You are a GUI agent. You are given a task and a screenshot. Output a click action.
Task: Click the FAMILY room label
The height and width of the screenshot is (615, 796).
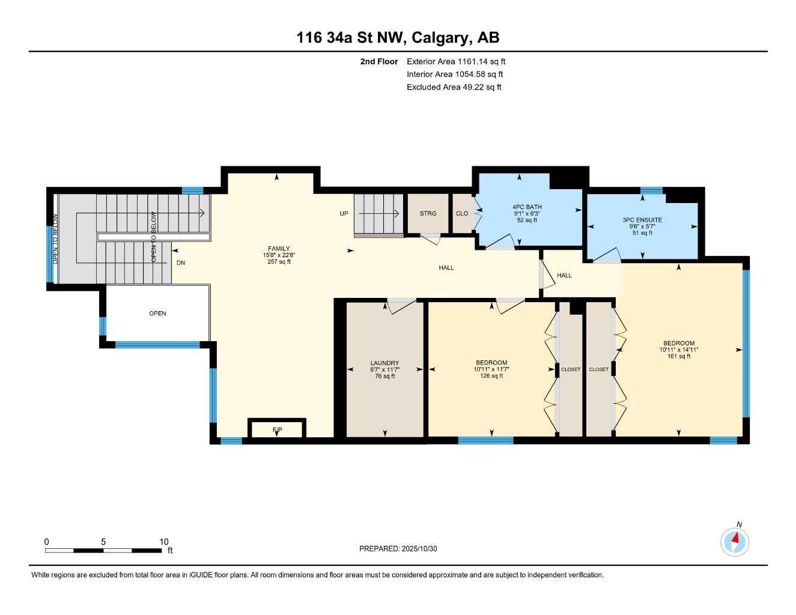pos(279,249)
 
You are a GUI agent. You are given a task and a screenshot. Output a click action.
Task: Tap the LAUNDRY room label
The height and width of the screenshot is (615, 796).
pos(384,363)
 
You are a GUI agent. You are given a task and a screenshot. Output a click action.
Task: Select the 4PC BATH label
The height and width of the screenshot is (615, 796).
pos(527,207)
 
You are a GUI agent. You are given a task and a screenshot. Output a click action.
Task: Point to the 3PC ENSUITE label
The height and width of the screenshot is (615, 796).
pos(642,220)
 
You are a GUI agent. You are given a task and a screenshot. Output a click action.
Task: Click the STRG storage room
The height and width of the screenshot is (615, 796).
pos(428,213)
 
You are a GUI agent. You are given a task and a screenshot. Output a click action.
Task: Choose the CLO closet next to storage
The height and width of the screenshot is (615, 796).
pos(462,213)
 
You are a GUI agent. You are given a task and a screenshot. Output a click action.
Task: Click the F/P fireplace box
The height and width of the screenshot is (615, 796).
pos(277,429)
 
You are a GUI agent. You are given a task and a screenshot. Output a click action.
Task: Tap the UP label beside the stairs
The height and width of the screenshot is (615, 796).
pos(344,213)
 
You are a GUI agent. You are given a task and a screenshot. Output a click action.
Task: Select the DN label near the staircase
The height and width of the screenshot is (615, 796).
pos(181,262)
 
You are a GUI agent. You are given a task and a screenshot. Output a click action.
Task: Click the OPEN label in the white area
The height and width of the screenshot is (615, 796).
pos(157,314)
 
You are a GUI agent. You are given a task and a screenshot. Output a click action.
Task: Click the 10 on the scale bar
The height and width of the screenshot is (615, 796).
pos(164,542)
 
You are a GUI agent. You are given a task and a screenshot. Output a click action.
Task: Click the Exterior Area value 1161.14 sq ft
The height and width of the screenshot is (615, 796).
pos(481,61)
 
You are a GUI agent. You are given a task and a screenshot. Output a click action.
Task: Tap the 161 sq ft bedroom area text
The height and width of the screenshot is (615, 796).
pos(679,356)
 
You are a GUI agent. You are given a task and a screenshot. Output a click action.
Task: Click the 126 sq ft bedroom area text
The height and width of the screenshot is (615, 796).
pos(491,376)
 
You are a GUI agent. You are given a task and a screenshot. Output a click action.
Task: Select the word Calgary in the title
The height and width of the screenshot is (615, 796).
pos(442,38)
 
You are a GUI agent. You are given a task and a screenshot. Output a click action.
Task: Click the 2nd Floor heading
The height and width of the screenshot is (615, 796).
pos(378,61)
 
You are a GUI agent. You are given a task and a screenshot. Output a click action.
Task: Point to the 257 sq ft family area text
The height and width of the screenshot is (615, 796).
pos(279,262)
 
